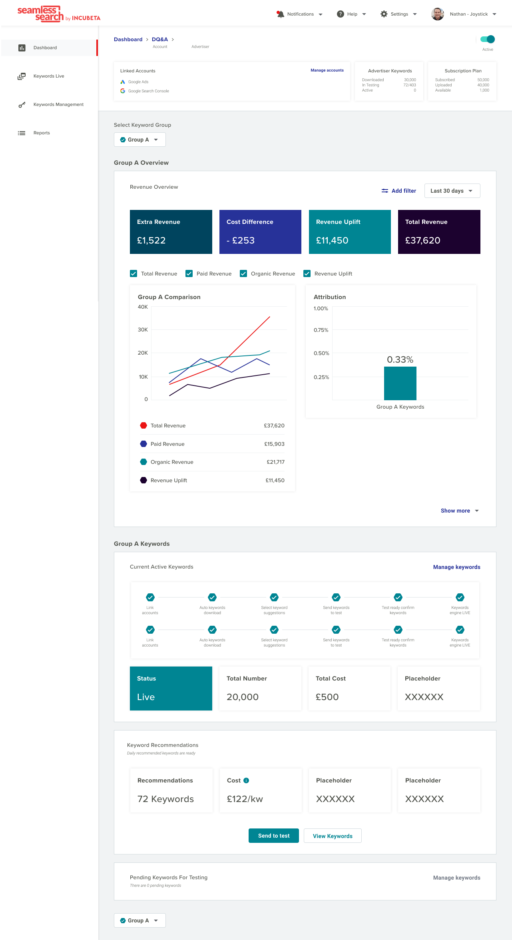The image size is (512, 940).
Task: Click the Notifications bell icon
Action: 280,14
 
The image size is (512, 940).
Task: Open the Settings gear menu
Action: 384,14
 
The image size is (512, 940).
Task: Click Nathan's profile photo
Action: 438,14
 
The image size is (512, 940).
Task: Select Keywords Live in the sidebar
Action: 49,76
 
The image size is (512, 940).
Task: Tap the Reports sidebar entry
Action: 42,133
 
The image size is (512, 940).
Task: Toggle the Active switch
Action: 488,39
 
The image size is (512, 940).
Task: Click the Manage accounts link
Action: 327,70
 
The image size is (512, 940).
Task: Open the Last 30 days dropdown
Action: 452,191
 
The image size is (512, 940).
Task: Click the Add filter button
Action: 399,191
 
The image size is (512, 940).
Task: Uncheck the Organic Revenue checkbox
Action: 243,273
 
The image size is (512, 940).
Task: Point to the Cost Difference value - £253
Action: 241,240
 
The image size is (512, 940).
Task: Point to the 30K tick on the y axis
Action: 143,330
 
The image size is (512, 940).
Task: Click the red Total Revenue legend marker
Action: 143,425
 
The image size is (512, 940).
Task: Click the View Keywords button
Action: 333,836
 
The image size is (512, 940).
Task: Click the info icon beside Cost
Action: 246,780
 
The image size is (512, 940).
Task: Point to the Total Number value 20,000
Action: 243,697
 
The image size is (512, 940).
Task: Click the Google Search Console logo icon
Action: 123,91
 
